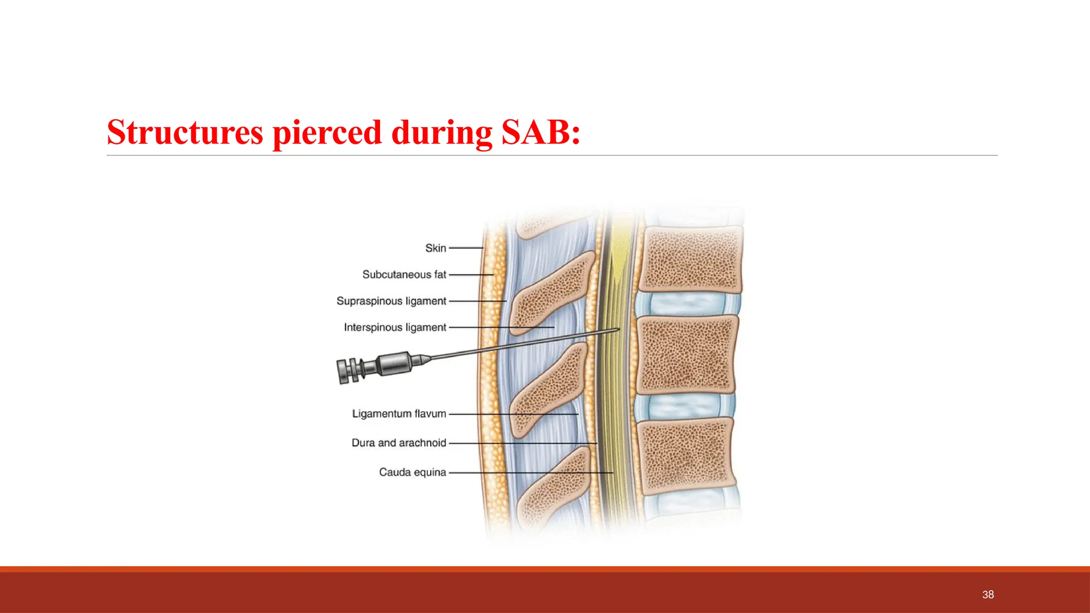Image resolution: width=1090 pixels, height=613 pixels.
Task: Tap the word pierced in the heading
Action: point(327,132)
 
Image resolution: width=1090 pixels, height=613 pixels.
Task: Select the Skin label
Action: point(435,248)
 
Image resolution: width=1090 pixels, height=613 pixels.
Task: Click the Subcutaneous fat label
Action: point(404,275)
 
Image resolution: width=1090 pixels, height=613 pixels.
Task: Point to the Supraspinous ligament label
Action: point(391,301)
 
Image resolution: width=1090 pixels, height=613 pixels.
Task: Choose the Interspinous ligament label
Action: point(395,327)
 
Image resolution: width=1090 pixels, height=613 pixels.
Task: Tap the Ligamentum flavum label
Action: point(399,413)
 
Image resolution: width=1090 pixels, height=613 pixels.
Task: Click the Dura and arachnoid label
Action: point(399,443)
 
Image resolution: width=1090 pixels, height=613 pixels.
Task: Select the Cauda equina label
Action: point(412,472)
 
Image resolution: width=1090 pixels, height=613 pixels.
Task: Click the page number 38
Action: point(988,594)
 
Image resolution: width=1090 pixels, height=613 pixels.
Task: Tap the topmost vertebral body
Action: point(690,259)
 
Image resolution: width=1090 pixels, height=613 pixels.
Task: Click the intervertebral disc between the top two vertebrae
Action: point(687,304)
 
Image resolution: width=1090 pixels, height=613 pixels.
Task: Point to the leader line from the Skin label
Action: point(466,248)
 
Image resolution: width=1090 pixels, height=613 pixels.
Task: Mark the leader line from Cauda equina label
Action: point(532,473)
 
